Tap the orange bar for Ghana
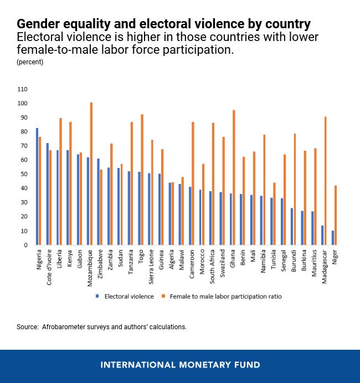[x=233, y=177]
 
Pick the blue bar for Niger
[x=333, y=238]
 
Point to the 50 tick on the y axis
[x=24, y=174]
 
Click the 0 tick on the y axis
[x=25, y=245]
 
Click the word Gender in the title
[x=36, y=24]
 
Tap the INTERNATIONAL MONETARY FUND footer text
[x=180, y=365]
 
